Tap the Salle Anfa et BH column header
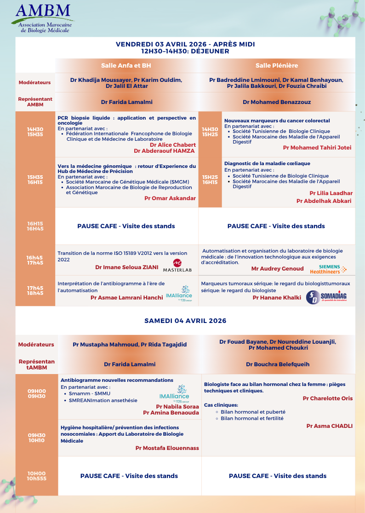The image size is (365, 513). coord(126,65)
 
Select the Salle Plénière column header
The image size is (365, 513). coord(277,65)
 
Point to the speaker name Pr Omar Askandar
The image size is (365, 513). coord(170,198)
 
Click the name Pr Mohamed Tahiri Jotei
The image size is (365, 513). coord(317,148)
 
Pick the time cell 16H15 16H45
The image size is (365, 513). coord(35,226)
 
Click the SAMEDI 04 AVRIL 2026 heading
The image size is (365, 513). coord(185,321)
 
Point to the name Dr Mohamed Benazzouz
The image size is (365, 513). coord(277,102)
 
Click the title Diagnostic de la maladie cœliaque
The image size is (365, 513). coord(267,163)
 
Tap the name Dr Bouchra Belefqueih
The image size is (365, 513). coord(278,364)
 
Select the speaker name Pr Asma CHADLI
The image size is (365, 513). coord(330,426)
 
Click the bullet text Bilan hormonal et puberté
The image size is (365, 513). coord(253,412)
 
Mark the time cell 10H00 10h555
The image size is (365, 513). coord(37,476)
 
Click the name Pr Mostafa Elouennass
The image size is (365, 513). coord(167,448)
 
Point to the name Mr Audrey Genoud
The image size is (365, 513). coord(277,269)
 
